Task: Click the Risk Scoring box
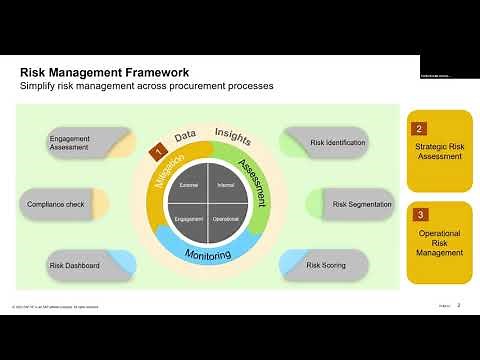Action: pyautogui.click(x=325, y=265)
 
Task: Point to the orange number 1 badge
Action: pyautogui.click(x=157, y=151)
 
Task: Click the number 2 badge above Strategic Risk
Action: pyautogui.click(x=420, y=128)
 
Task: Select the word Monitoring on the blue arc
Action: pyautogui.click(x=208, y=254)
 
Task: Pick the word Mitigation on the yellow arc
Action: pyautogui.click(x=166, y=177)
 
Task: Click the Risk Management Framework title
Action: pyautogui.click(x=105, y=72)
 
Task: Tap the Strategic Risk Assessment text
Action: pyautogui.click(x=438, y=156)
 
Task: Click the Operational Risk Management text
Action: pyautogui.click(x=438, y=243)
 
